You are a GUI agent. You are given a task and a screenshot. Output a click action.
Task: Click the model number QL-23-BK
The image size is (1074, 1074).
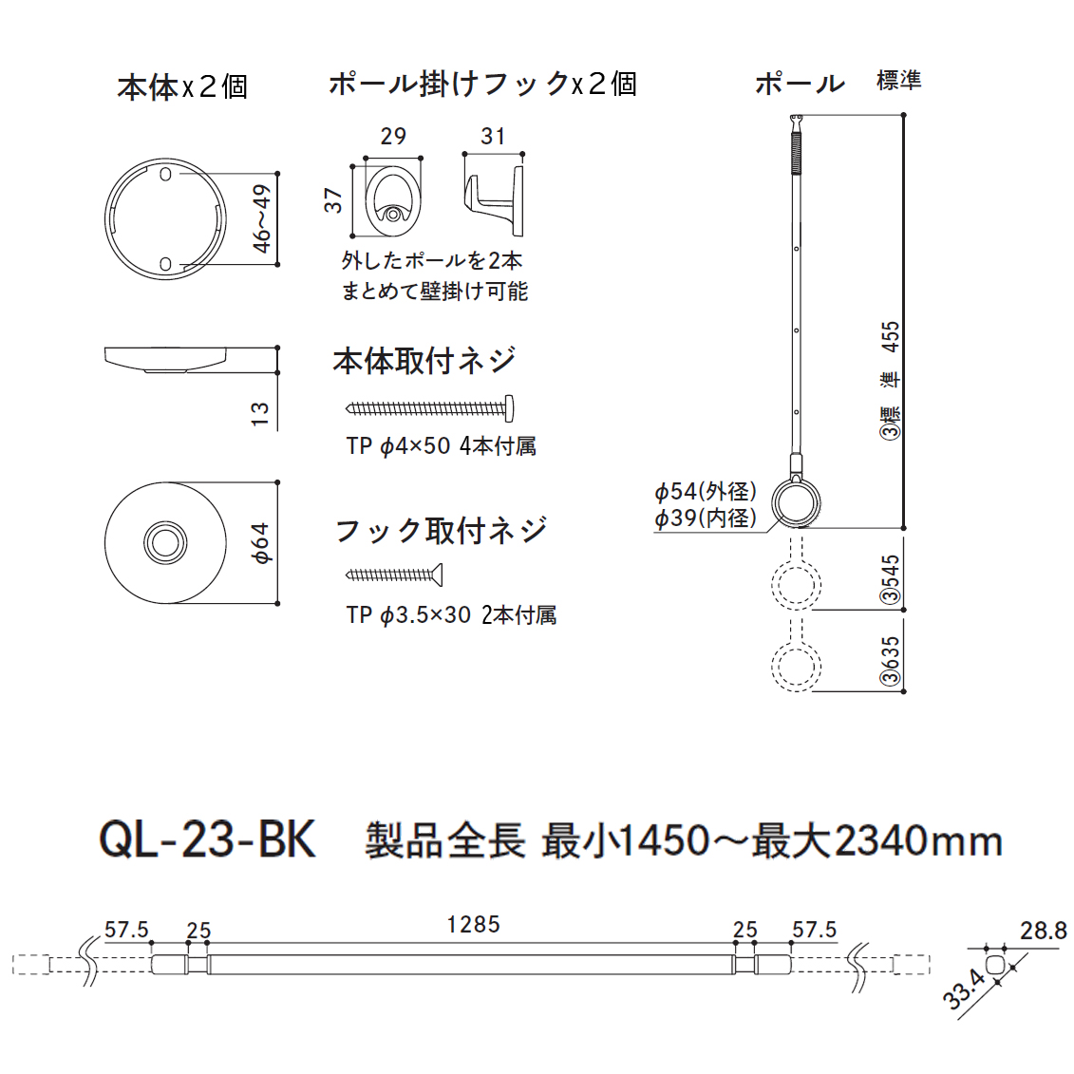(208, 839)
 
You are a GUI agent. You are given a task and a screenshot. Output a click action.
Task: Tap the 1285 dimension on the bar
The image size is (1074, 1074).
(473, 925)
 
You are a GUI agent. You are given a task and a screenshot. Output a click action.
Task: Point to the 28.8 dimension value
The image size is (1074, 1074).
(1044, 931)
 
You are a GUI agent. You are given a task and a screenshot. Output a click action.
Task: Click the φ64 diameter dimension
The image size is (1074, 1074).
(262, 543)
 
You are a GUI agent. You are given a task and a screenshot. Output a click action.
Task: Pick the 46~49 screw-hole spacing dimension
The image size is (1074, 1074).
(262, 219)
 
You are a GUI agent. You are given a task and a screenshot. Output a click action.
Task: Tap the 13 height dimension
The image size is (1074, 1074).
(260, 414)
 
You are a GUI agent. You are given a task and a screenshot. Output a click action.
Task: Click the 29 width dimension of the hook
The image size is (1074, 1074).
(393, 137)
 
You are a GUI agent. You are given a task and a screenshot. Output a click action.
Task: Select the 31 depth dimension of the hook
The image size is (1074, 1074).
(493, 137)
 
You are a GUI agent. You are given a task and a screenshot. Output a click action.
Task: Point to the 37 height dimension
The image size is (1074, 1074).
(333, 200)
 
